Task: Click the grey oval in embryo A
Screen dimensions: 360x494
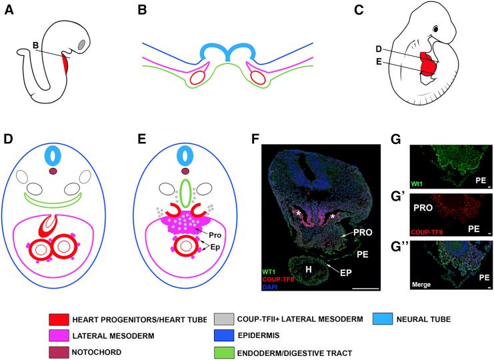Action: tap(82, 45)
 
